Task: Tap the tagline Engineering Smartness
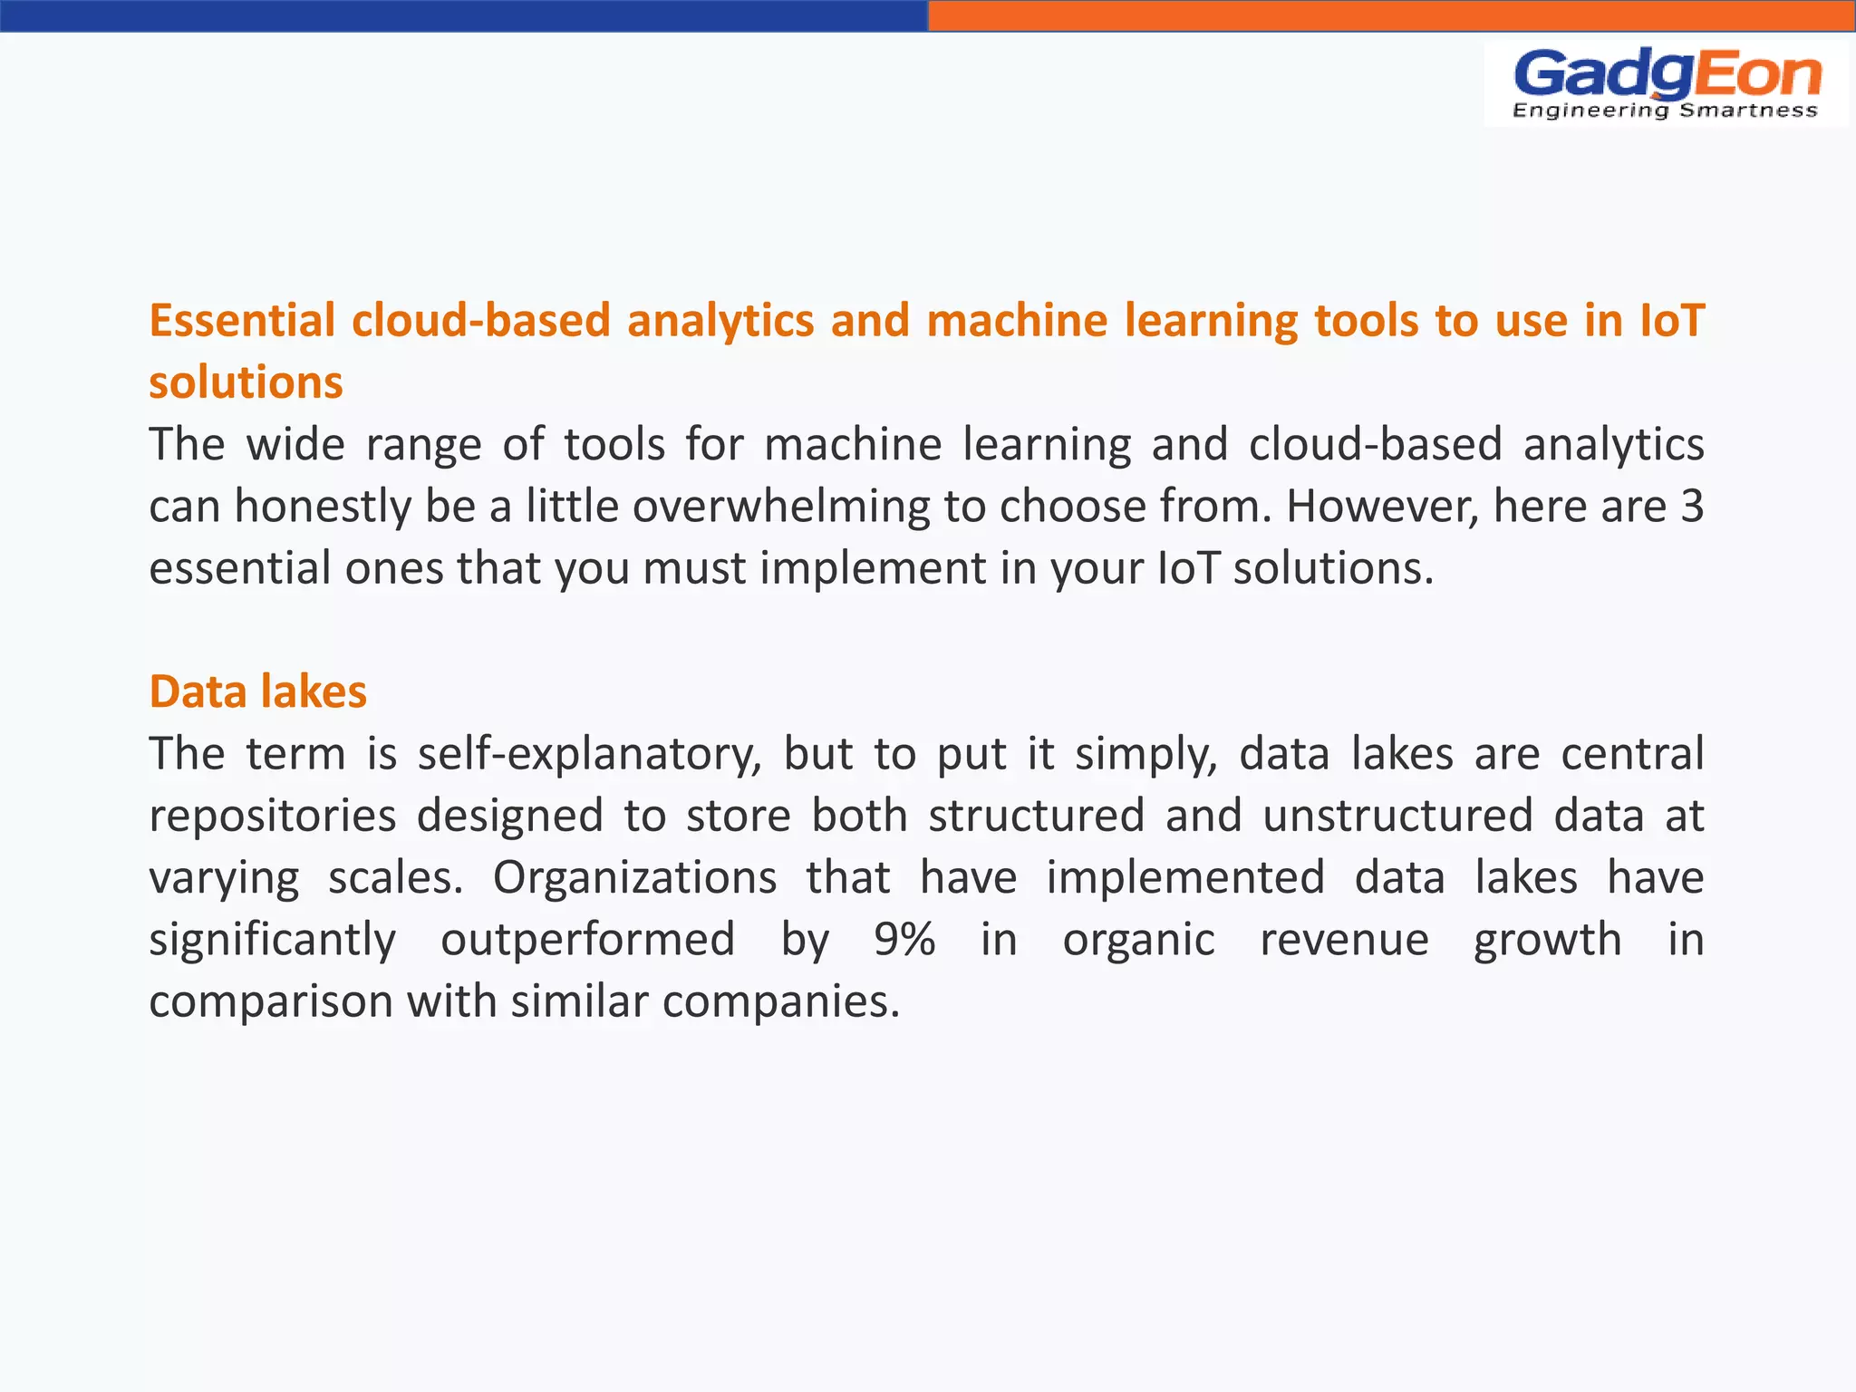pos(1666,111)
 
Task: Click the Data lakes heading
pos(257,692)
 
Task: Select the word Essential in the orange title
pos(242,321)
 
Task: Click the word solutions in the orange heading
pos(246,382)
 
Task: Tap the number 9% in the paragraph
pos(904,939)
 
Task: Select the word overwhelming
pos(780,507)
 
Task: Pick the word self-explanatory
pos(589,755)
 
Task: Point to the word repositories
pos(272,816)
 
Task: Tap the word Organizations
pos(634,877)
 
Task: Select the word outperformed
pos(587,939)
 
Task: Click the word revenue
pos(1344,939)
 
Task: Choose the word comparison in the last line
pos(270,1002)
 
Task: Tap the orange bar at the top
pos(1391,15)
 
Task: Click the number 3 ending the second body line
pos(1691,507)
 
